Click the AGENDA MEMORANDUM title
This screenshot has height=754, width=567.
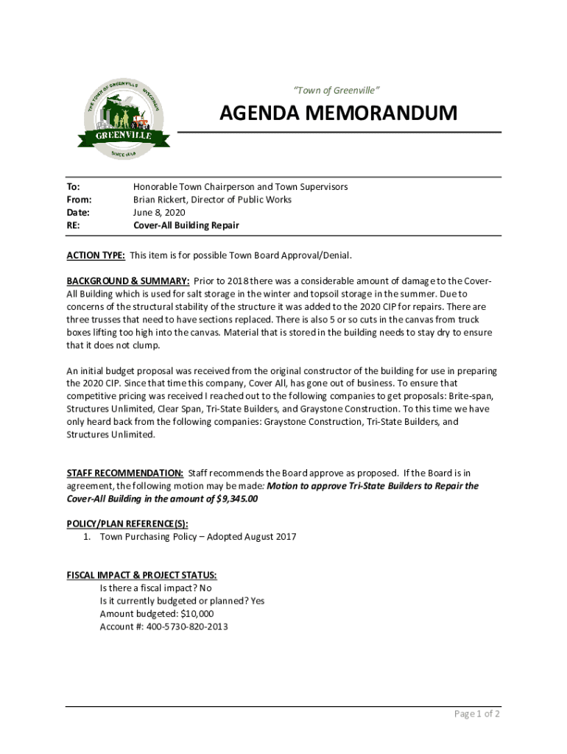tap(338, 113)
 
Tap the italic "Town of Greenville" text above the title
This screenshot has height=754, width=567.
tap(337, 91)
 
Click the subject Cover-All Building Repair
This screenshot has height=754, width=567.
tap(186, 225)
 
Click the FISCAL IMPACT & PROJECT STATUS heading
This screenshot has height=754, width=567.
tap(141, 575)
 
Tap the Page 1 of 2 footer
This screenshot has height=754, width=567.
tap(476, 714)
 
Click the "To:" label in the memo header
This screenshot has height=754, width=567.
tap(73, 187)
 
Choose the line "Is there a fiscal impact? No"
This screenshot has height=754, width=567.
tap(155, 588)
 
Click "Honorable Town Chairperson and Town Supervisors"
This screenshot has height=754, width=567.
tap(240, 187)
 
